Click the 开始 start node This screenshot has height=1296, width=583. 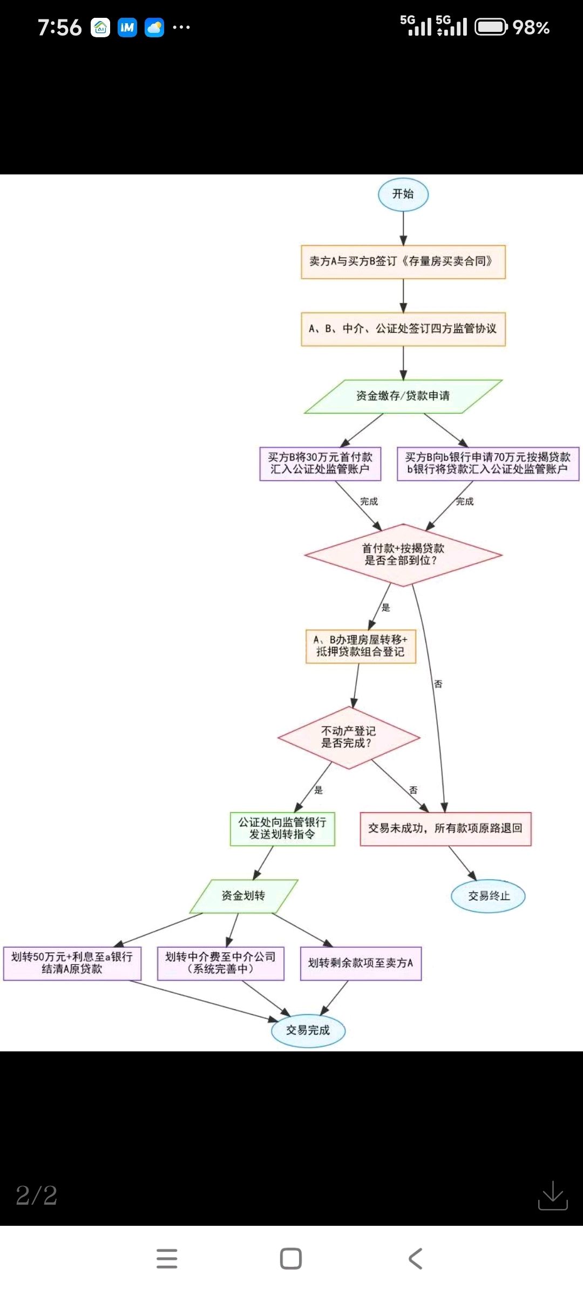pos(403,194)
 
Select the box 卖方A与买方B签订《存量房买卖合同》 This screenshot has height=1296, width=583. pos(403,262)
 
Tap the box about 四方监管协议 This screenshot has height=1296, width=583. pos(403,329)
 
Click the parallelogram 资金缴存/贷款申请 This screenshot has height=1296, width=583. pos(403,396)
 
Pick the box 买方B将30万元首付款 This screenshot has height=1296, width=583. pos(320,463)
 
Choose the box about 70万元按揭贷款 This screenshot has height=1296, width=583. pos(488,463)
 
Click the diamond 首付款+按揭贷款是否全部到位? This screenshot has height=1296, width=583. pos(403,555)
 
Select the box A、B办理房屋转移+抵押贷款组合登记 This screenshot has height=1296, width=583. pos(361,646)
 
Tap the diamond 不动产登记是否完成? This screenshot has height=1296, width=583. pos(348,737)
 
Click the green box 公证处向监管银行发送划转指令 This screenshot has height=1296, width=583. pos(282,828)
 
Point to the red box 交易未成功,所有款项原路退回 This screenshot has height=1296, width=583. pos(445,828)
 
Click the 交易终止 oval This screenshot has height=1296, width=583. pos(488,896)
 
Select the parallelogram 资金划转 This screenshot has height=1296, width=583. pos(243,896)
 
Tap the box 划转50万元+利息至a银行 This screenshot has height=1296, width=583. pos(72,963)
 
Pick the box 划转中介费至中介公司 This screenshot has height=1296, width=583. pos(220,963)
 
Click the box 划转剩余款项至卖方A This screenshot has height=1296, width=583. pos(361,963)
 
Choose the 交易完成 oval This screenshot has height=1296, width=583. pos(308,1030)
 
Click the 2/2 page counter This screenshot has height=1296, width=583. pos(37,1196)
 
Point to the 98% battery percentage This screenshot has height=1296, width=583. pos(531,28)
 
